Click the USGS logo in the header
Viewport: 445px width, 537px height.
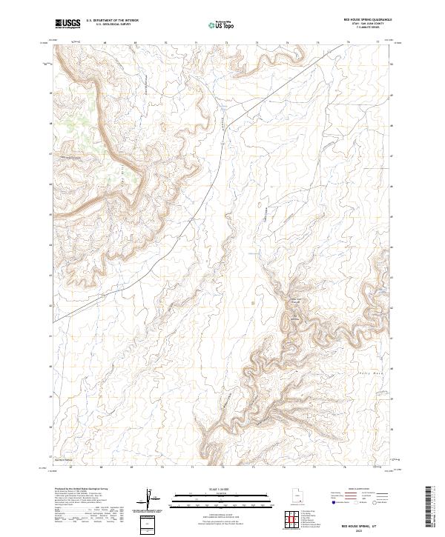click(67, 24)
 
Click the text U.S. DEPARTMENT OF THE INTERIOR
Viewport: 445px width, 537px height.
click(111, 21)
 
